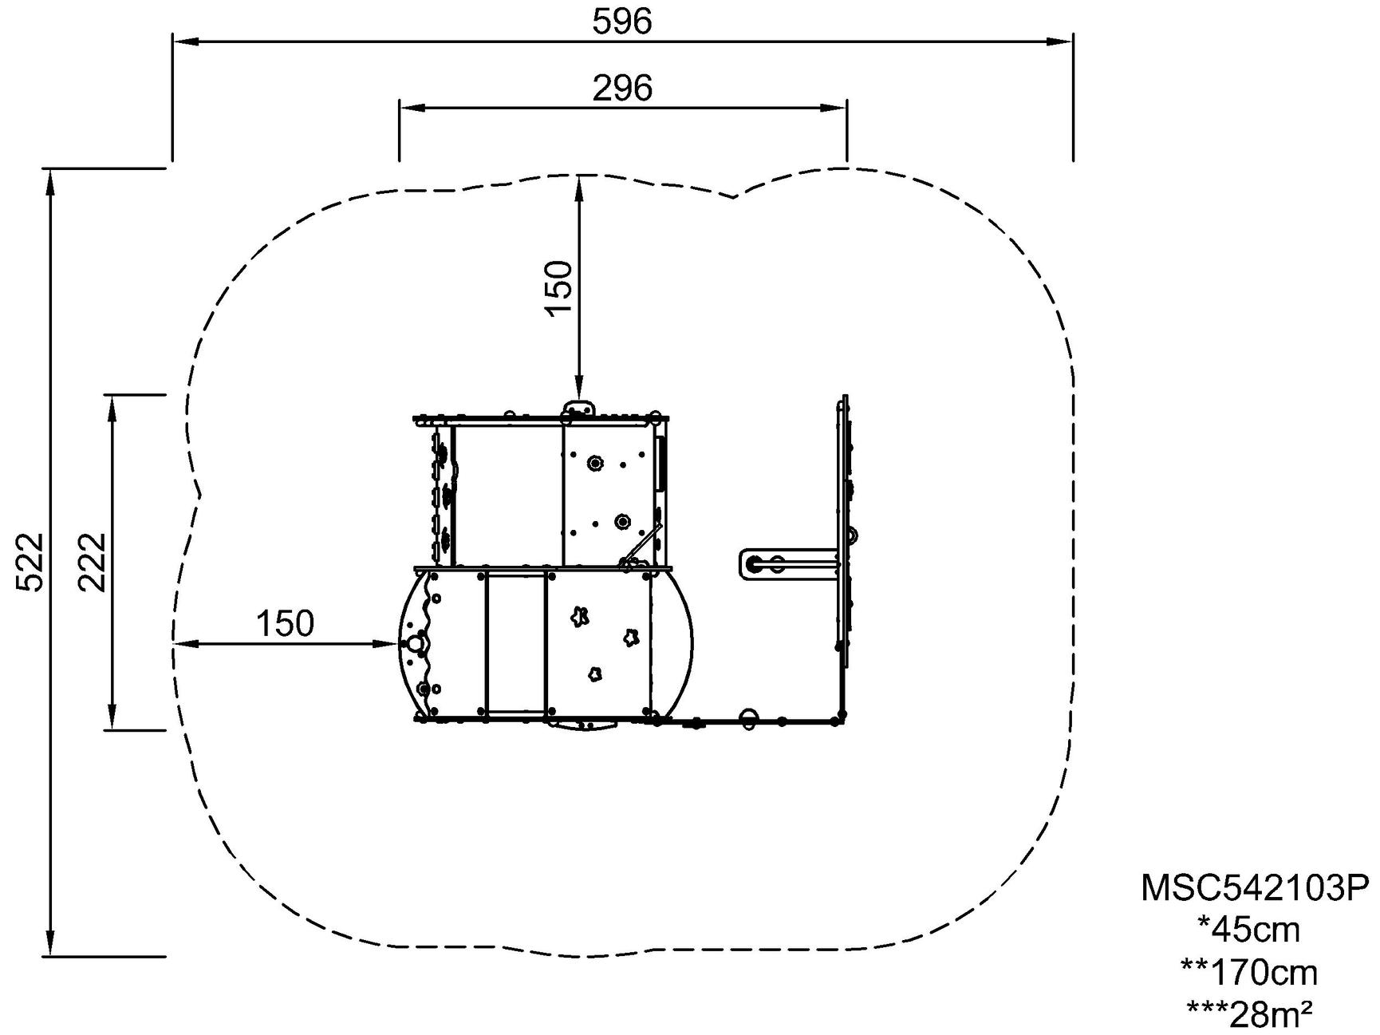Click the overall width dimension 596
tap(621, 22)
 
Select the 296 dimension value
tap(622, 88)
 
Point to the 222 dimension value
tap(92, 562)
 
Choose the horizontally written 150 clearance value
tap(285, 623)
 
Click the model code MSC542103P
tap(1255, 887)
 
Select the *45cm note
tap(1249, 930)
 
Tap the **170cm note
tap(1249, 973)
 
